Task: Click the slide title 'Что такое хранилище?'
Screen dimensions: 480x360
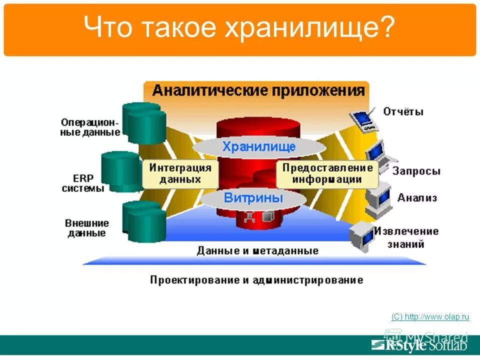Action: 239,28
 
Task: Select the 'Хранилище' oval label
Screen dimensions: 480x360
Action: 259,146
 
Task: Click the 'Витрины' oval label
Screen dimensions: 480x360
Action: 253,197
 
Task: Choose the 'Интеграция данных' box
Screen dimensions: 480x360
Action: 180,173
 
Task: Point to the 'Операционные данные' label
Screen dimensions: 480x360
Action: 90,127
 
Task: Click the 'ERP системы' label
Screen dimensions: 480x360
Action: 83,183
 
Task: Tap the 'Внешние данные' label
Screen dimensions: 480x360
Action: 86,228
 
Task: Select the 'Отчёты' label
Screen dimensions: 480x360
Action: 403,111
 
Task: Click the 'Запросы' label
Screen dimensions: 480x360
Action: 416,171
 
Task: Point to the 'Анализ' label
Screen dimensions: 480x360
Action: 417,198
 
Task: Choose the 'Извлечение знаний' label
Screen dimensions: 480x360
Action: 413,237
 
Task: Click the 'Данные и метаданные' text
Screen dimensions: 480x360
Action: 257,250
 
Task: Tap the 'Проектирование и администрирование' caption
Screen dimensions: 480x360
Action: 256,279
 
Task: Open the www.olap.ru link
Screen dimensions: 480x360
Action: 430,316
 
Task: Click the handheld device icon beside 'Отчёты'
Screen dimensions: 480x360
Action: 362,119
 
